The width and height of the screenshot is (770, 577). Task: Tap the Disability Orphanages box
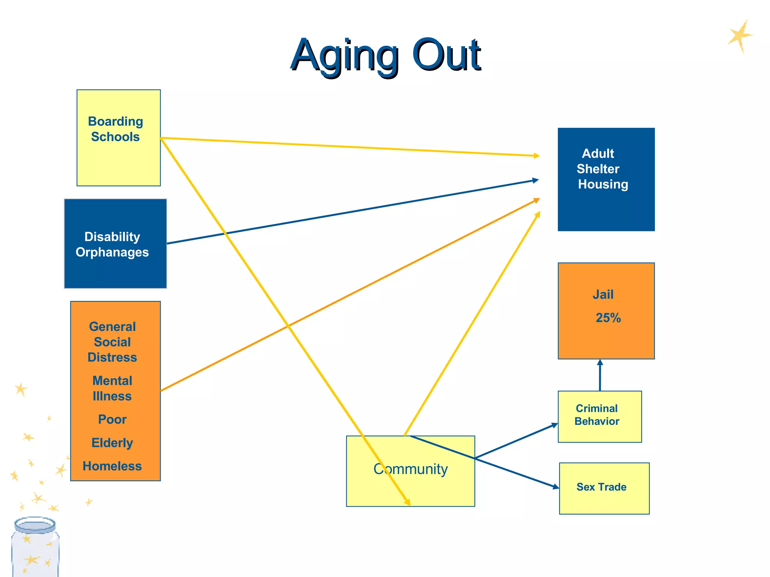coord(115,244)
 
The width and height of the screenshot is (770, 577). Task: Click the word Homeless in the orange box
coord(112,466)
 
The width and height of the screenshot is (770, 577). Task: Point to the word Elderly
coord(112,443)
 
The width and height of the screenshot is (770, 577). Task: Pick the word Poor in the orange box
coord(112,419)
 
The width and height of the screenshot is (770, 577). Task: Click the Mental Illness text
coord(112,388)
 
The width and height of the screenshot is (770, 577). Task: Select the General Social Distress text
coord(112,342)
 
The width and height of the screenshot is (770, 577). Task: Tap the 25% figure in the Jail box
coord(608,318)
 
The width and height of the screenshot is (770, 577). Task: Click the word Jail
coord(603,295)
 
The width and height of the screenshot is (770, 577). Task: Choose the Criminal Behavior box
coord(600,417)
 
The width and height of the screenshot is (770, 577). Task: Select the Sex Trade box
coord(604,488)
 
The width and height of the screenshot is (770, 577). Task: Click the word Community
coord(411,469)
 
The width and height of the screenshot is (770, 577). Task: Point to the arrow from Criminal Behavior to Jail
coord(600,376)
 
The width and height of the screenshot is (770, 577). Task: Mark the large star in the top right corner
coord(740,36)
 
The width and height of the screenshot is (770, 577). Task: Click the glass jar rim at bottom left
coord(35,525)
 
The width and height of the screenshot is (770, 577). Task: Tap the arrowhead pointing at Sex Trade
coord(555,487)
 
